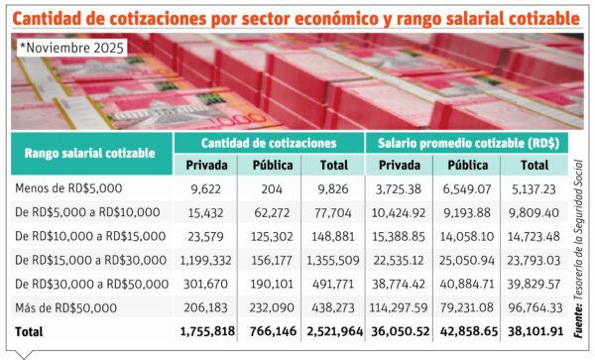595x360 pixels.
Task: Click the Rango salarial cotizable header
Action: pyautogui.click(x=90, y=153)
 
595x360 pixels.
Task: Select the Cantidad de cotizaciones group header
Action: pyautogui.click(x=268, y=142)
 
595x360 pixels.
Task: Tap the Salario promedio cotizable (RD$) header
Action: pyautogui.click(x=466, y=142)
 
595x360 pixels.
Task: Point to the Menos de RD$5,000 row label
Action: pyautogui.click(x=69, y=187)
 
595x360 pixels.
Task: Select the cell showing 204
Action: pyautogui.click(x=272, y=187)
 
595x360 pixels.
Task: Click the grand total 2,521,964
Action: pyautogui.click(x=333, y=330)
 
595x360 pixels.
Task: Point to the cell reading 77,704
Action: pyautogui.click(x=333, y=211)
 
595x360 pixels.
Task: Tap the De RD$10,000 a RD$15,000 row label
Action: pyautogui.click(x=90, y=235)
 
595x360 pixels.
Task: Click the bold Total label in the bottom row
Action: pyautogui.click(x=30, y=330)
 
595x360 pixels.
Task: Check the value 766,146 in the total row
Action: pyautogui.click(x=272, y=330)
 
